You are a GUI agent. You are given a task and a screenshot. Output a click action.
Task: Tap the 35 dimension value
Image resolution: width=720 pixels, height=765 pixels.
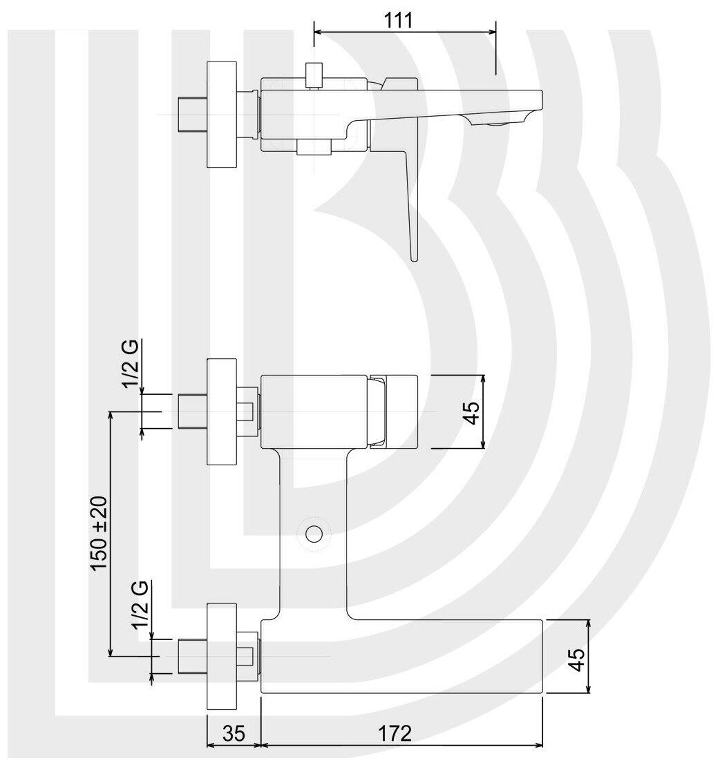[x=234, y=733]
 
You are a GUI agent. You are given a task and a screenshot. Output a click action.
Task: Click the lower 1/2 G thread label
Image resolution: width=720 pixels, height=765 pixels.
[x=140, y=603]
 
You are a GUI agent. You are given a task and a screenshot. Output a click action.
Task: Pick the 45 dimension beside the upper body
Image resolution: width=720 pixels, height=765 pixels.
[x=471, y=412]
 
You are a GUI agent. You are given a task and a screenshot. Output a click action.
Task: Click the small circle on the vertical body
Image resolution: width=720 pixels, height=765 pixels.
[x=314, y=533]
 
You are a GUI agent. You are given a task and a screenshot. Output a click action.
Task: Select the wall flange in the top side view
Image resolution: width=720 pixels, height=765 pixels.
[x=222, y=114]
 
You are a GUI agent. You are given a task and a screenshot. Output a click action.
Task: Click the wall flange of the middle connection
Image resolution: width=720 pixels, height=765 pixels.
[x=222, y=412]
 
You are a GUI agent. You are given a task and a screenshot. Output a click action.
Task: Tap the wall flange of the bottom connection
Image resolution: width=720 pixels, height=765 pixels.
[x=222, y=656]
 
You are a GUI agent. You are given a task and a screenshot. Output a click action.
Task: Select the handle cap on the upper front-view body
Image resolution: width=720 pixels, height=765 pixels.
[x=379, y=412]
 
